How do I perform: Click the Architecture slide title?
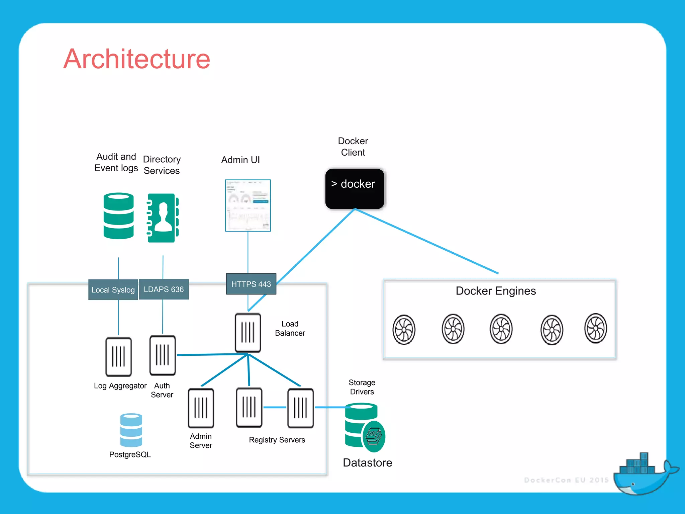pyautogui.click(x=137, y=59)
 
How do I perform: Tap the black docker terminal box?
pyautogui.click(x=355, y=189)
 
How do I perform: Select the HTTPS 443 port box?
pyautogui.click(x=251, y=284)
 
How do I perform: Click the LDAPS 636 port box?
pyautogui.click(x=164, y=289)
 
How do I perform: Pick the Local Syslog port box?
pyautogui.click(x=113, y=290)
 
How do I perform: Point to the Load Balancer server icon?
pyautogui.click(x=248, y=333)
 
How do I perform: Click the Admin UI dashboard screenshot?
pyautogui.click(x=248, y=205)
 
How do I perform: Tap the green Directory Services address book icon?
pyautogui.click(x=163, y=218)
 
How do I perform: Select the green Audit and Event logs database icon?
pyautogui.click(x=118, y=216)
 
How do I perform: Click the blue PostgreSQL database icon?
pyautogui.click(x=131, y=430)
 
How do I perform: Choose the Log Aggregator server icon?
pyautogui.click(x=118, y=357)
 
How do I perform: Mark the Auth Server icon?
pyautogui.click(x=163, y=355)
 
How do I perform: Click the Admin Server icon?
pyautogui.click(x=201, y=408)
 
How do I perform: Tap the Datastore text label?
pyautogui.click(x=367, y=462)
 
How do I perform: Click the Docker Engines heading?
pyautogui.click(x=496, y=291)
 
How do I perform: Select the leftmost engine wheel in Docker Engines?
pyautogui.click(x=404, y=330)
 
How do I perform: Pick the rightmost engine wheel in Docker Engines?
pyautogui.click(x=596, y=328)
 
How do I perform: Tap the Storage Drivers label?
pyautogui.click(x=362, y=387)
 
